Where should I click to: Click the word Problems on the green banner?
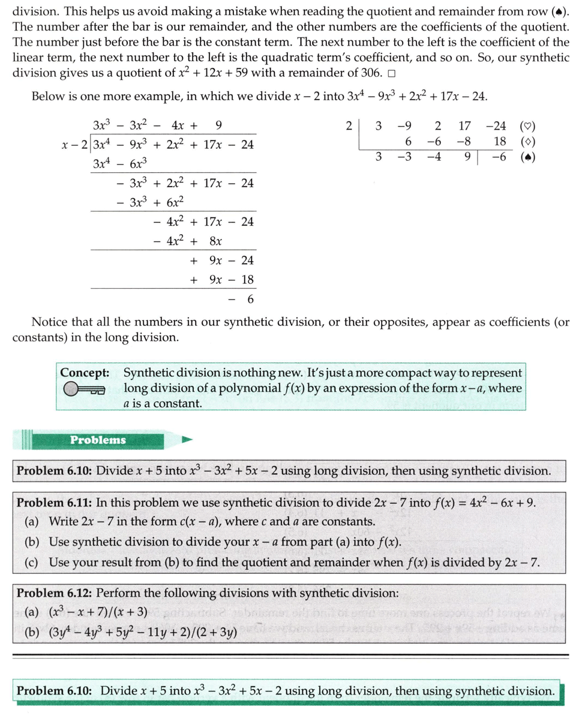[98, 440]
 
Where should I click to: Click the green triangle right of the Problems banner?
[188, 440]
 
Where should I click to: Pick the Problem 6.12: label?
[53, 593]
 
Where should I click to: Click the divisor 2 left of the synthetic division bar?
[349, 126]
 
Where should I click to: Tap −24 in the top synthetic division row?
[495, 126]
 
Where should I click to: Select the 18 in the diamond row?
[499, 142]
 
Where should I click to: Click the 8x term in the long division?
[216, 241]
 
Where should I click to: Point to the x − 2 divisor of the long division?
[75, 145]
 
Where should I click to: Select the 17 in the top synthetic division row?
[464, 126]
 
